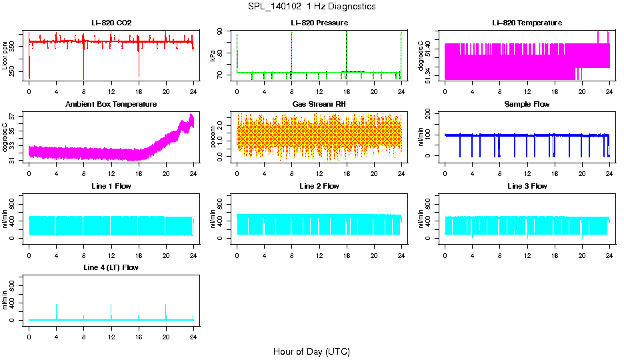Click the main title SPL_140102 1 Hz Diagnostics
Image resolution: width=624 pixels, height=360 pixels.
(x=311, y=7)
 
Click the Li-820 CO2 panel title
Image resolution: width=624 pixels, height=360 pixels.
(x=111, y=23)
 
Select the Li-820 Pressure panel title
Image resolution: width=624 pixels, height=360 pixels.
(x=319, y=23)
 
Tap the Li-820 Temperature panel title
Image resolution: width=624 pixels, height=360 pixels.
(x=527, y=23)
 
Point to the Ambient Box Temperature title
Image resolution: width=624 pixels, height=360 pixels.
(x=111, y=105)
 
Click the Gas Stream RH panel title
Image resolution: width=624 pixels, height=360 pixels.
(x=319, y=105)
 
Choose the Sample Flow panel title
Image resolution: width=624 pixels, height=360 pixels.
(x=527, y=105)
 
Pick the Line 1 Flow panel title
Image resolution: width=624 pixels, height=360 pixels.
(x=111, y=186)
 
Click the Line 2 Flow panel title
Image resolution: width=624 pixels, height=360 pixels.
(x=319, y=186)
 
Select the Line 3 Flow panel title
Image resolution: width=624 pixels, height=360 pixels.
(x=527, y=186)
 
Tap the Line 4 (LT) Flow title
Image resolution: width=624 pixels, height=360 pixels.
(x=111, y=267)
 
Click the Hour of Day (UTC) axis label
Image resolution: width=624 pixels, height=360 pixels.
(x=311, y=351)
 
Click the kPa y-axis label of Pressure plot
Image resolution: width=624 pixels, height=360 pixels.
(x=213, y=56)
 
